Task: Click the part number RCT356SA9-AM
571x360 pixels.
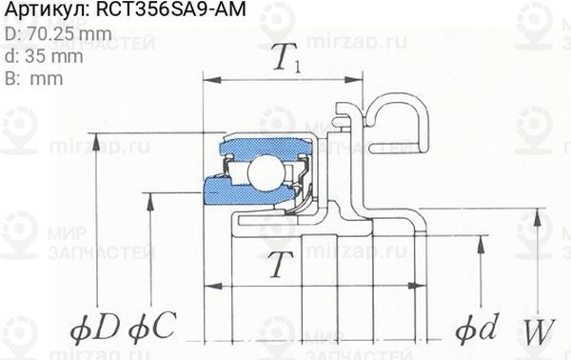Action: pyautogui.click(x=167, y=12)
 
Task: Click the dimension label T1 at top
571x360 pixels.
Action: pyautogui.click(x=286, y=63)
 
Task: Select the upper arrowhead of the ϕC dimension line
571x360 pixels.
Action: pyautogui.click(x=153, y=195)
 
